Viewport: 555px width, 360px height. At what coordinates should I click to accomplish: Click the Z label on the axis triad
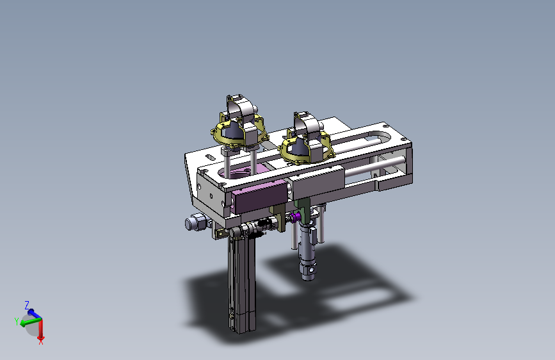coord(27,305)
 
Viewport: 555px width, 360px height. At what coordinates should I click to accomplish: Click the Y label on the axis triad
coord(16,322)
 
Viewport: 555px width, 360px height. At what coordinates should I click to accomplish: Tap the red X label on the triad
coord(41,342)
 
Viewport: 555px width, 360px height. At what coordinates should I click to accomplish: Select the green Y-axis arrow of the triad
coord(31,322)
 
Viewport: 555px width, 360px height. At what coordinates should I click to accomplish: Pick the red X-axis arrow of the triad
coord(41,329)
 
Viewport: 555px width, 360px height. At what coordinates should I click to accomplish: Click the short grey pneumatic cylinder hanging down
coord(307,250)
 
